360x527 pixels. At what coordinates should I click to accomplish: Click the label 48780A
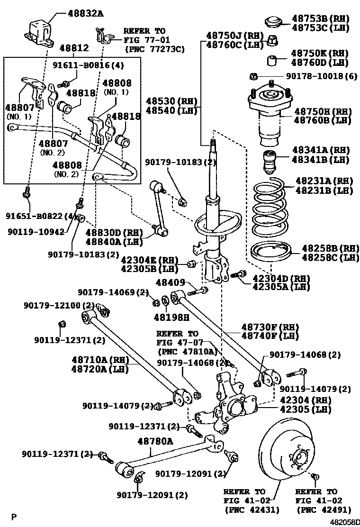[x=155, y=441]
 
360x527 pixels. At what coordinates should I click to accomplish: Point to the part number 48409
[x=170, y=282]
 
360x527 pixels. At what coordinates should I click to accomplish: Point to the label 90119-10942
[x=30, y=231]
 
